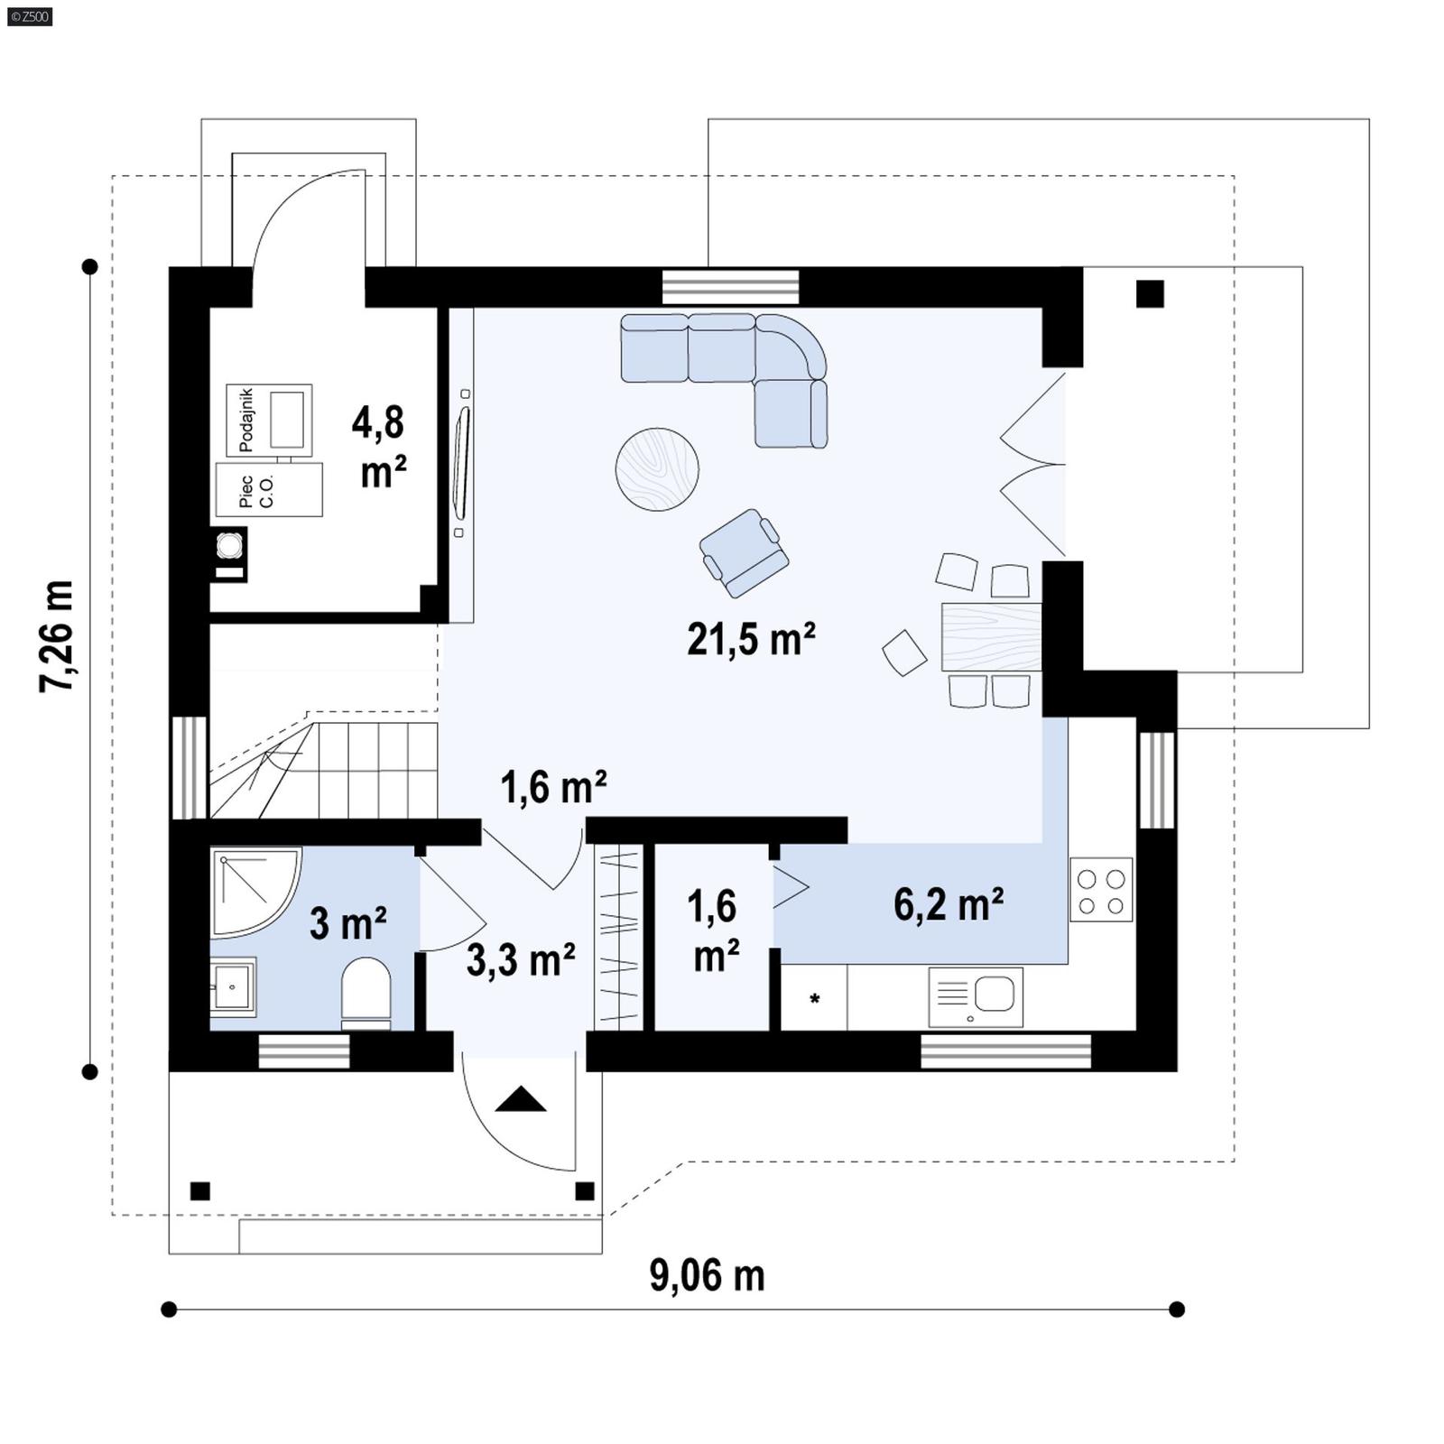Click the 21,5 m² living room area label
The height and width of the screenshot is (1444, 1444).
(751, 639)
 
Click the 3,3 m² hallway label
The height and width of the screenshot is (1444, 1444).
(521, 959)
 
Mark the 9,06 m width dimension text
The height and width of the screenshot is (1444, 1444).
(707, 1275)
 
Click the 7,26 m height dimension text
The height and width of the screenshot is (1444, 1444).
(56, 637)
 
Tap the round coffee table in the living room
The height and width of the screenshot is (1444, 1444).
(657, 469)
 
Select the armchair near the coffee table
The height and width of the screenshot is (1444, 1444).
(744, 552)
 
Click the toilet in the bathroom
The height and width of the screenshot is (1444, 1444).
(366, 993)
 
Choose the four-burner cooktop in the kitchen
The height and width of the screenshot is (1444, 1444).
(1101, 890)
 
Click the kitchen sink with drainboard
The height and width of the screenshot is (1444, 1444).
(976, 997)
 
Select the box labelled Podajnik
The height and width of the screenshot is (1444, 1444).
(269, 420)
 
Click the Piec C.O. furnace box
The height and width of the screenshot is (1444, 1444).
(269, 490)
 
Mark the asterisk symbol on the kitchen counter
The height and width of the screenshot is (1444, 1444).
(815, 999)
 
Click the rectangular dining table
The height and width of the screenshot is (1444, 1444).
(991, 636)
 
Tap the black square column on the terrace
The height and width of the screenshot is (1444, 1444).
(1149, 294)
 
